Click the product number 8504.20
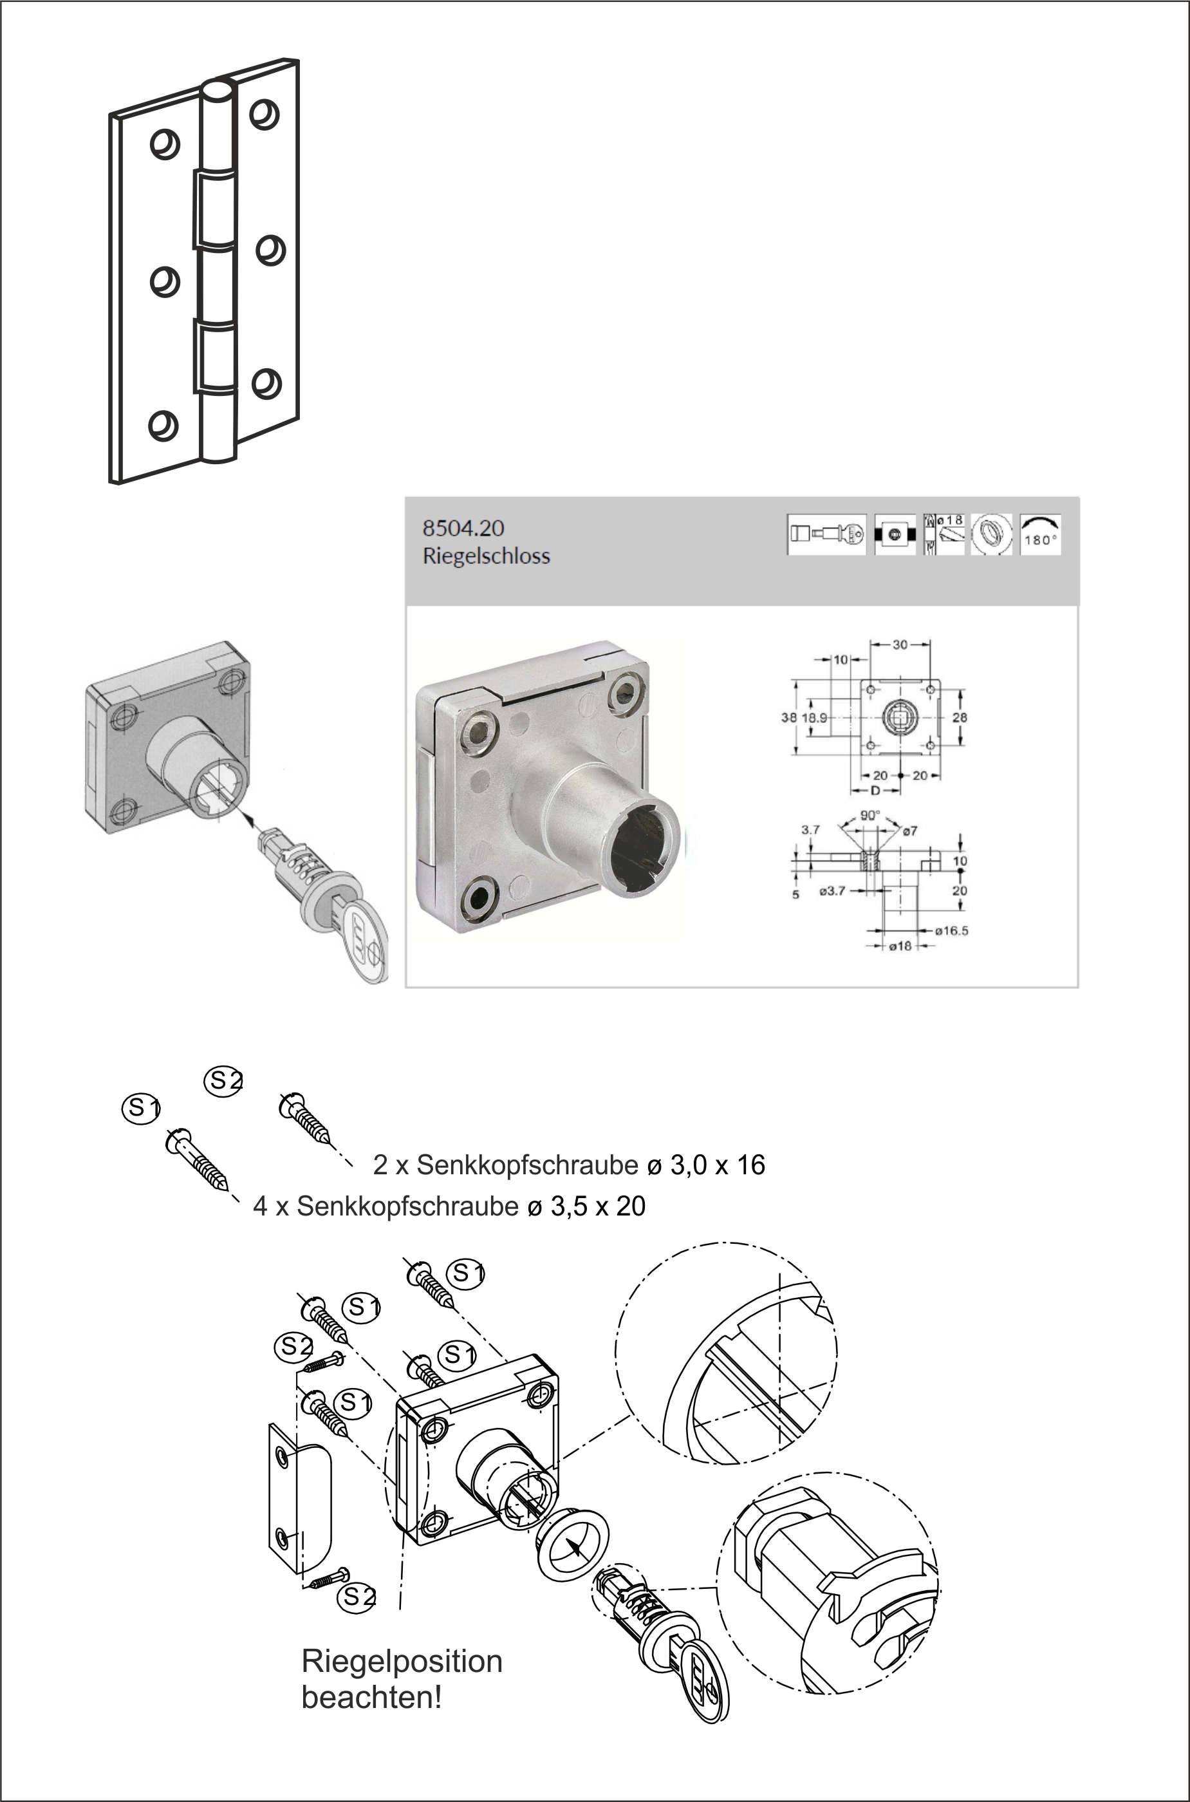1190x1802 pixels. tap(463, 529)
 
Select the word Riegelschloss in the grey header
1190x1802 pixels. tap(486, 556)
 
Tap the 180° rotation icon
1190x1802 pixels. tap(1040, 534)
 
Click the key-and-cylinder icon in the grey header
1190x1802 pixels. tap(826, 534)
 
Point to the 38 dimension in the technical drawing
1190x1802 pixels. tap(788, 717)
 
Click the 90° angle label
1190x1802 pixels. tap(869, 816)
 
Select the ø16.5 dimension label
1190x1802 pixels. tap(951, 930)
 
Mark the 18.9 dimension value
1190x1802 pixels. tap(814, 717)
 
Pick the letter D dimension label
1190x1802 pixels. tap(875, 790)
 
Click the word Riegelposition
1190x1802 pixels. tap(402, 1661)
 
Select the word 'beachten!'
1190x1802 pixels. tap(371, 1697)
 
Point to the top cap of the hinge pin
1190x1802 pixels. tap(218, 89)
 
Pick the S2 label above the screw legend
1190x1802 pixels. tap(224, 1081)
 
